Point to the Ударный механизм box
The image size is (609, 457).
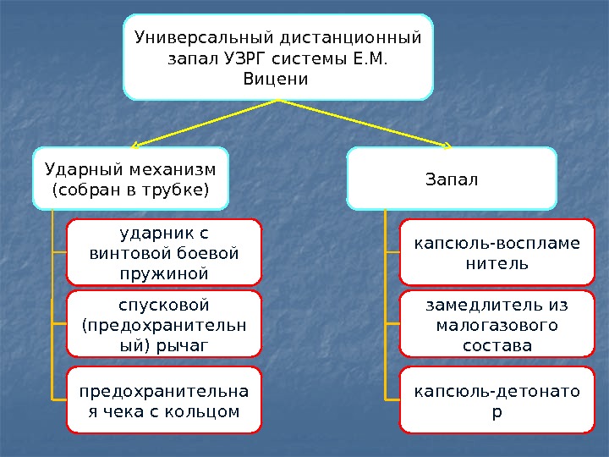[x=130, y=178]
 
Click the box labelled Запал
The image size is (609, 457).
[x=452, y=179]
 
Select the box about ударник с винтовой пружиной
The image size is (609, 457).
[x=164, y=251]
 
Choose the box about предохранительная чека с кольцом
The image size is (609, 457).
[x=164, y=401]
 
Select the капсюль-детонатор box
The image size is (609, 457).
[x=497, y=401]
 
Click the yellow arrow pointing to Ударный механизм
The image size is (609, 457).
[x=203, y=124]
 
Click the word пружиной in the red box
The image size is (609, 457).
[x=164, y=273]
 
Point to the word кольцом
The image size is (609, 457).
[x=203, y=412]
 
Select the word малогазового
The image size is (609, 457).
[x=497, y=325]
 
